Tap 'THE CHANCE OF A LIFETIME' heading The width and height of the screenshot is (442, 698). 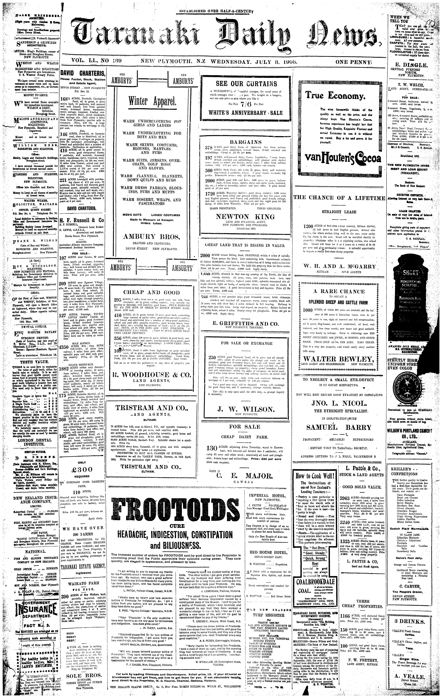[x=339, y=198]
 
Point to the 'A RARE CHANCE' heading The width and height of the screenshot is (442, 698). [x=339, y=292]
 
